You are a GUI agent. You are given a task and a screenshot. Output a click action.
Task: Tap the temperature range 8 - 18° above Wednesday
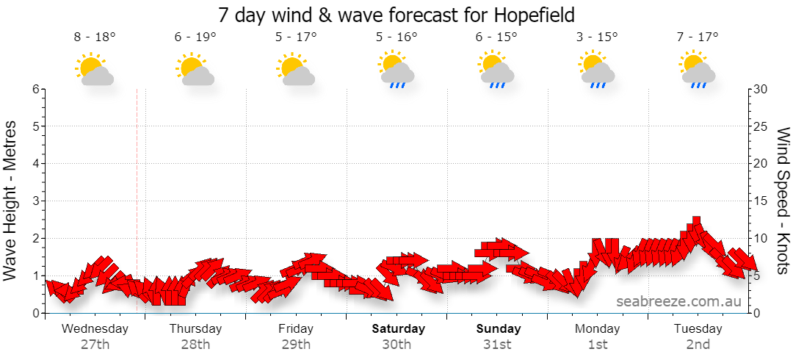coord(95,37)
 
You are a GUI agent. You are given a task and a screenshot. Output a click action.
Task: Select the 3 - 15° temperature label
coord(597,37)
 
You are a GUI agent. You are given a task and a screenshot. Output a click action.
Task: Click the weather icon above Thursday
coord(195,68)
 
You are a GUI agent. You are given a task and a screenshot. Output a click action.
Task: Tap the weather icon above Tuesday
coord(698,69)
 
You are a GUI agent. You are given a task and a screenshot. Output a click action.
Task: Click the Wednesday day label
coord(95,328)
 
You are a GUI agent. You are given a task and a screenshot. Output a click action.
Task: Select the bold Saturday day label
coord(399,328)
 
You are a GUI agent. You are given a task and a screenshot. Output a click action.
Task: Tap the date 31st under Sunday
coord(497,345)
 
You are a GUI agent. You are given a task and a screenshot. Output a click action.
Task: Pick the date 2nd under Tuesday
coord(698,345)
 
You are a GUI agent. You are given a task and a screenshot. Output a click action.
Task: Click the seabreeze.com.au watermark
coord(678,301)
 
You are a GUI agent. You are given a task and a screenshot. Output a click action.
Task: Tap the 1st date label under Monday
coord(598,345)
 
